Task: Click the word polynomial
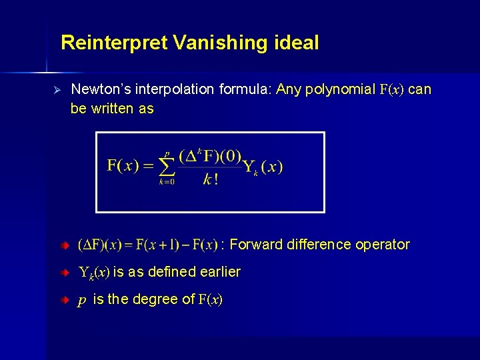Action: tap(339, 89)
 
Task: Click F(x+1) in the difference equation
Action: tap(157, 245)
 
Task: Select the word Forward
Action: tap(256, 245)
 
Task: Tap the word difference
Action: tap(320, 245)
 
